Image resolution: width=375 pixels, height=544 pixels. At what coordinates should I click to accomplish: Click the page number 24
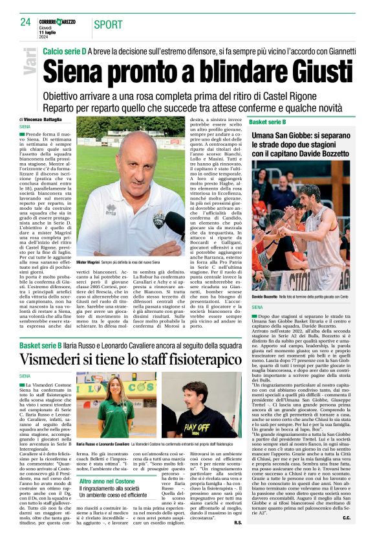(25, 22)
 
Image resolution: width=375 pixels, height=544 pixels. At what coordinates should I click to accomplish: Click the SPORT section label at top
(109, 25)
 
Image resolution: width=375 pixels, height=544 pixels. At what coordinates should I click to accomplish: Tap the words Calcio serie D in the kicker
(64, 49)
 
